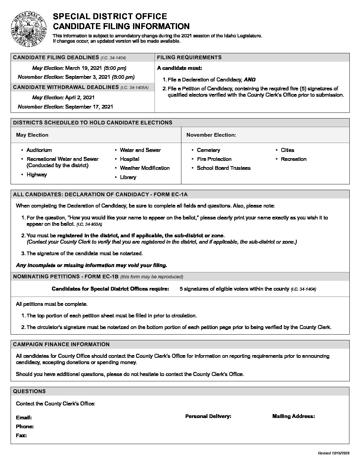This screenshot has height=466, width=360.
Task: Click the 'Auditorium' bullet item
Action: (x=39, y=150)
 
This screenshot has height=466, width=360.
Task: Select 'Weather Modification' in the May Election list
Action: (x=145, y=168)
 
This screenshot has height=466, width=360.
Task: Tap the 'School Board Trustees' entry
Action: (x=224, y=168)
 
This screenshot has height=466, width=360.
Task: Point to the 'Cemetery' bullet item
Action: (x=208, y=150)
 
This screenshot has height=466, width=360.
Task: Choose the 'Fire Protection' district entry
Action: (x=214, y=159)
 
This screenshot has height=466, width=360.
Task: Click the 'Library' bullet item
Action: (x=128, y=177)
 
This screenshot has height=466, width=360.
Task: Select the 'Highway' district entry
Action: (x=37, y=175)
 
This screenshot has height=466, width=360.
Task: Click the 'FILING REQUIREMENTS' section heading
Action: (x=189, y=57)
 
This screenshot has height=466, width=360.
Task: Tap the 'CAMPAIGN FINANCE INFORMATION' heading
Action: (x=61, y=345)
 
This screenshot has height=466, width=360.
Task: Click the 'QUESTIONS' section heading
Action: (x=29, y=391)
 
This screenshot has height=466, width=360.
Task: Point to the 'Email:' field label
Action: (x=24, y=418)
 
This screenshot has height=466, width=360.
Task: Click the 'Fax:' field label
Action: (x=22, y=436)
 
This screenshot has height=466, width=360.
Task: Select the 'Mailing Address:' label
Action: (x=293, y=416)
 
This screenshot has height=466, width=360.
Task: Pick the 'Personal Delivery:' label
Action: (x=208, y=416)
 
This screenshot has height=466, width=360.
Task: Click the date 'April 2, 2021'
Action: (x=80, y=97)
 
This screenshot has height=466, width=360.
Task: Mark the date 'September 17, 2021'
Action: (x=89, y=107)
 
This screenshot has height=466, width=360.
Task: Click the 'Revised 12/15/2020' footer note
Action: (x=333, y=453)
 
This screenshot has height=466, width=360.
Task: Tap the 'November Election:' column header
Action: (x=211, y=135)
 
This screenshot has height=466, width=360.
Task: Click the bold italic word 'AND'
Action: (x=249, y=79)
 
